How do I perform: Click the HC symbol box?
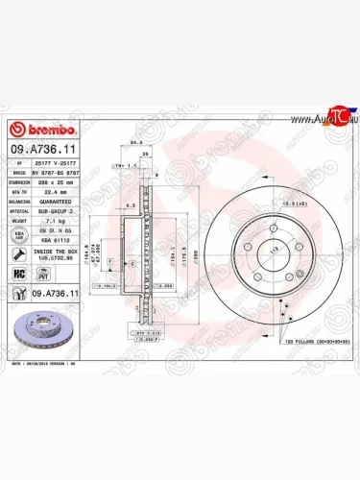[x=20, y=272]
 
